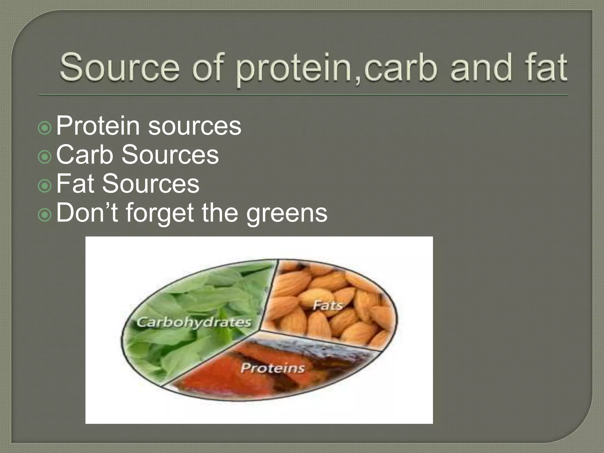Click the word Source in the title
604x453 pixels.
click(119, 67)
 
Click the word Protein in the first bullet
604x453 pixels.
click(98, 126)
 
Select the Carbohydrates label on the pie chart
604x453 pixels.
click(194, 322)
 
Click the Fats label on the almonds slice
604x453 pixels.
click(328, 305)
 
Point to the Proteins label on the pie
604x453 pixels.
click(272, 368)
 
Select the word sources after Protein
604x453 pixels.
click(194, 126)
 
